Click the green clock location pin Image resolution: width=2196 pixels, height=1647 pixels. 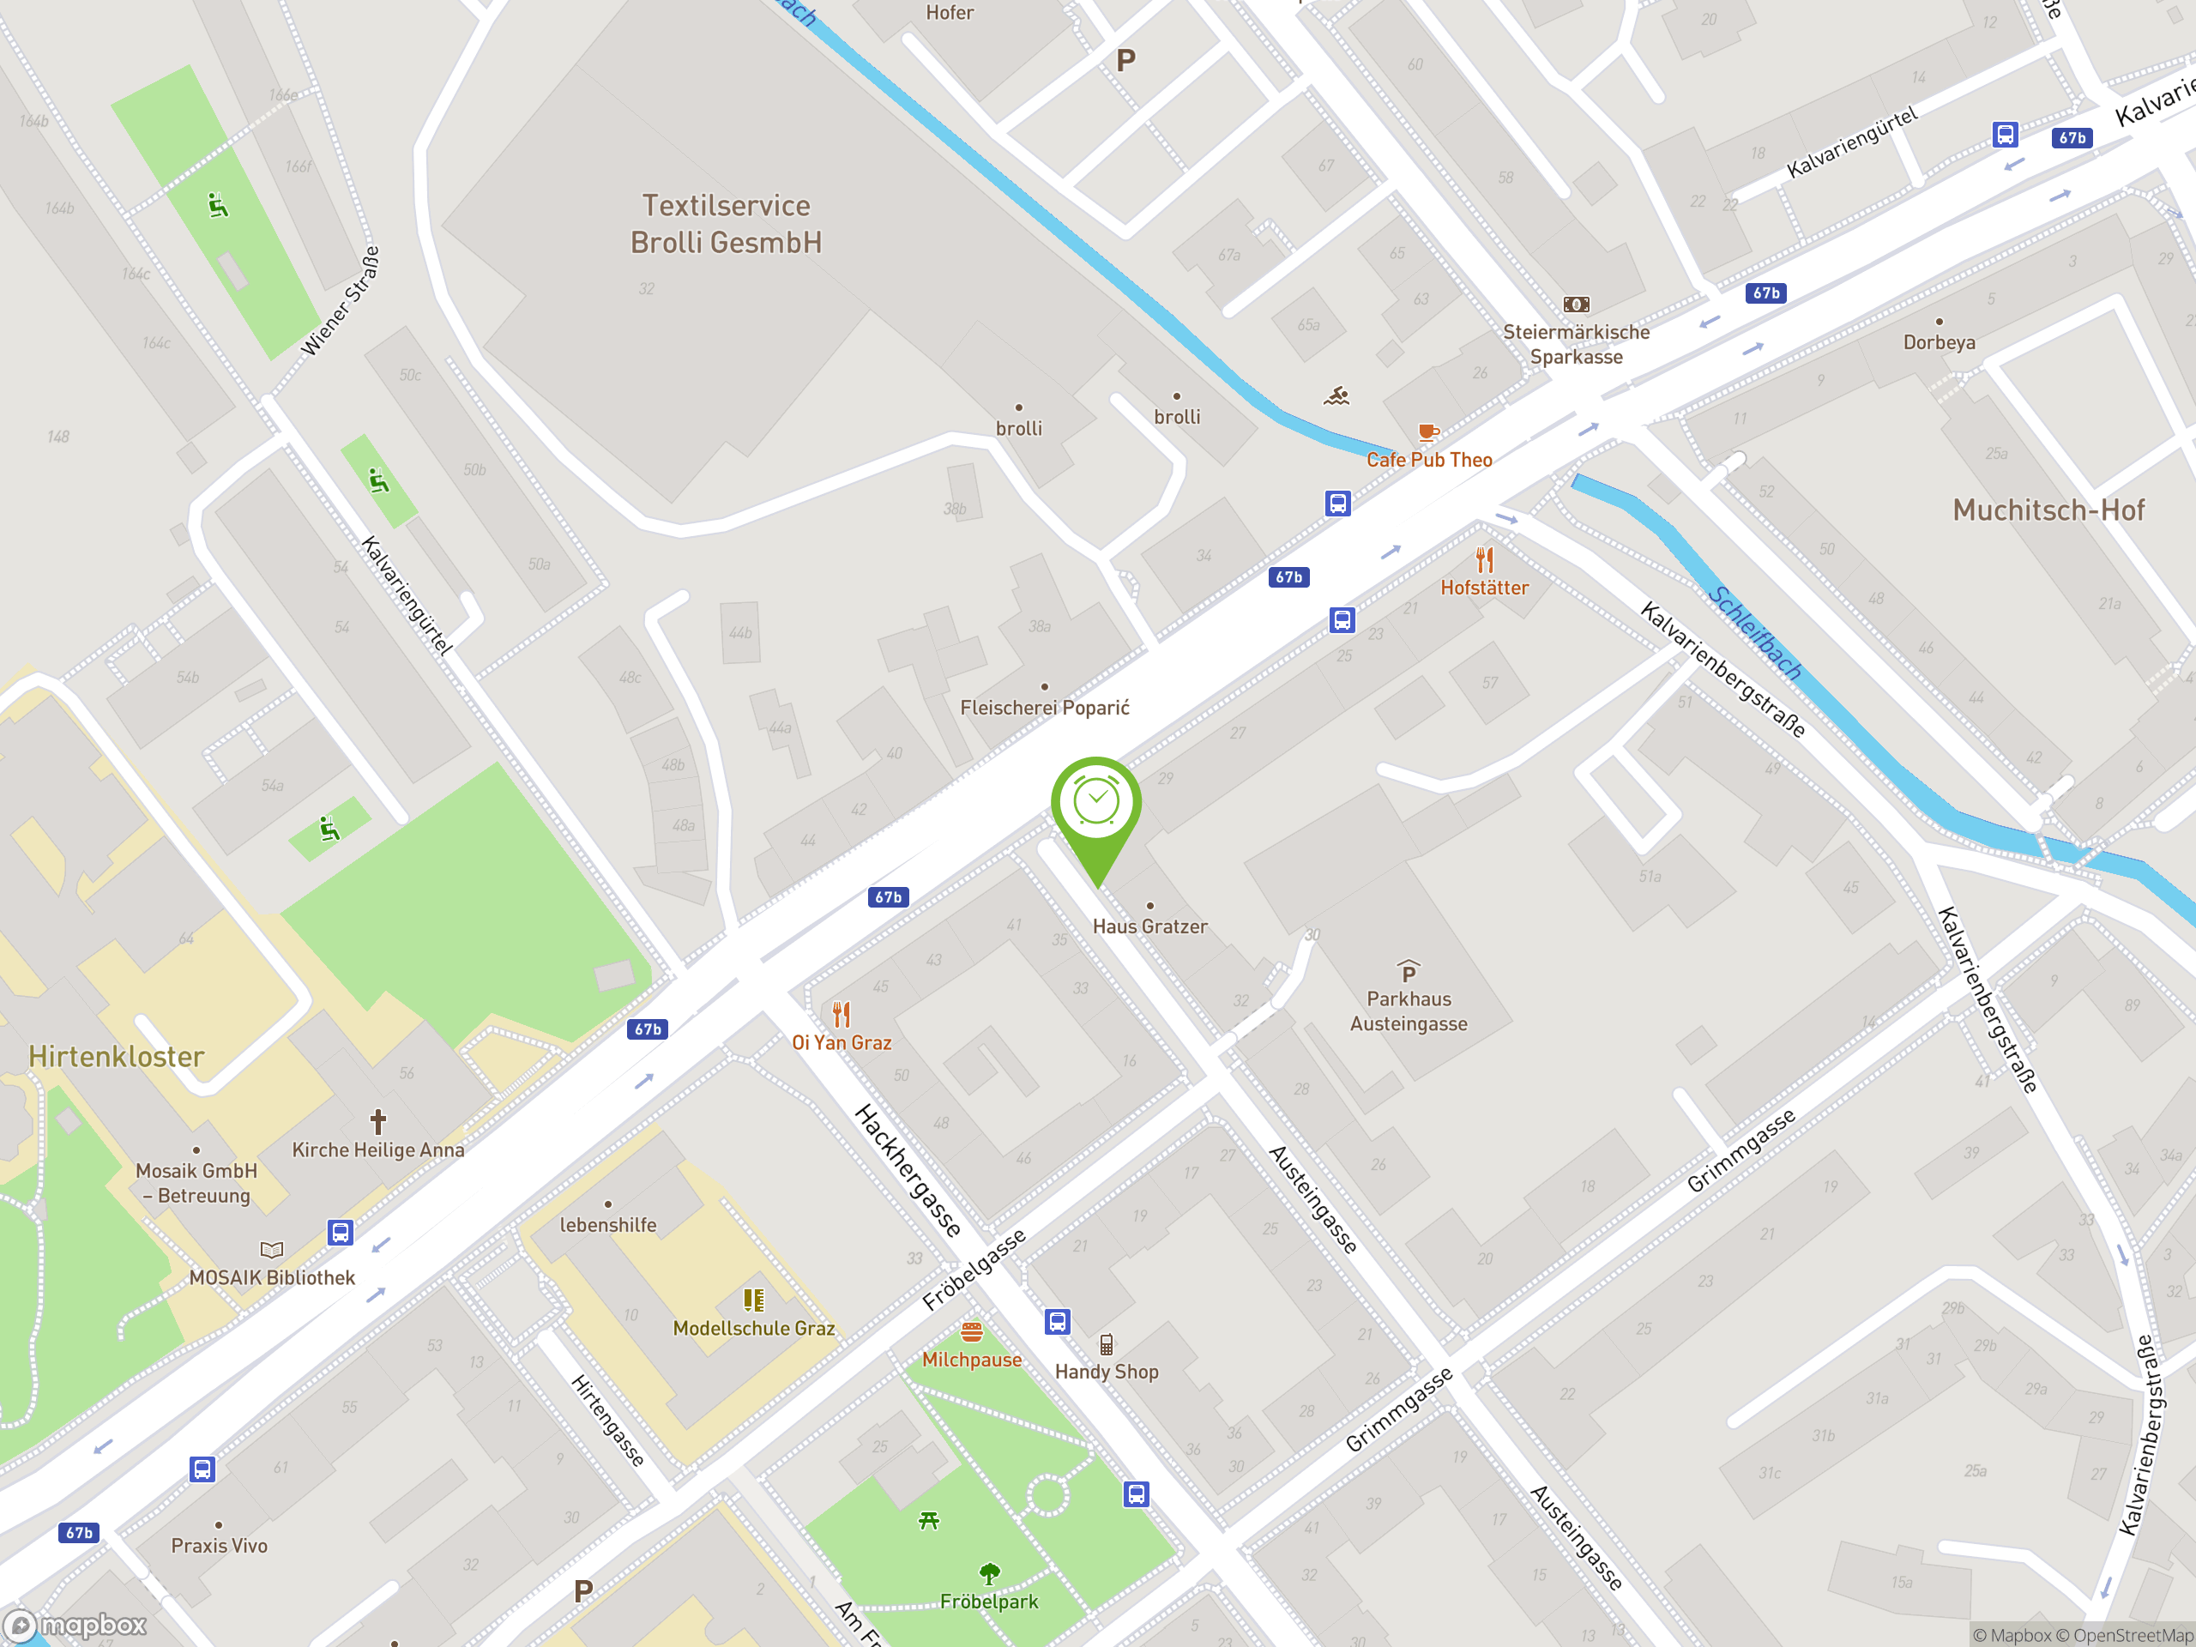1096,804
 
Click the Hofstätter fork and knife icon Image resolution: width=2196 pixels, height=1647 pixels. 1484,560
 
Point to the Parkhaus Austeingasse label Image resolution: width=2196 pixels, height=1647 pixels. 1408,1011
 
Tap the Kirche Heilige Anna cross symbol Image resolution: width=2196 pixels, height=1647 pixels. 377,1122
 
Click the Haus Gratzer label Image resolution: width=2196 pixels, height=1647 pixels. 1149,926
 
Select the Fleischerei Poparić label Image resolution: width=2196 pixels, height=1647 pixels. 1045,708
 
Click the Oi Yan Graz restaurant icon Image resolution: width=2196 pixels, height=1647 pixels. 841,1014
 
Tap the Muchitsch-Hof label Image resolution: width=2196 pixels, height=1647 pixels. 2048,510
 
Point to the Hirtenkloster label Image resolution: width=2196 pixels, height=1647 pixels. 116,1056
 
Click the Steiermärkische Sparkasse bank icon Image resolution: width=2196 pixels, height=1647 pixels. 1576,305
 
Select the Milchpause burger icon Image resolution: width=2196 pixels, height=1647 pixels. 971,1331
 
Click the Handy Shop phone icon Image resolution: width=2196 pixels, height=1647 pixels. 1106,1345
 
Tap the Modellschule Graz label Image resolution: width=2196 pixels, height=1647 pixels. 753,1328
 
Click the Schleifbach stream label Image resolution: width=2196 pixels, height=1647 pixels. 1755,633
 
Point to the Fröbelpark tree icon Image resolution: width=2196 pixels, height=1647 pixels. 989,1573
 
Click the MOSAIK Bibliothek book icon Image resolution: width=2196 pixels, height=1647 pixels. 271,1250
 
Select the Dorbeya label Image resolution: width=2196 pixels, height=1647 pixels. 1938,342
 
